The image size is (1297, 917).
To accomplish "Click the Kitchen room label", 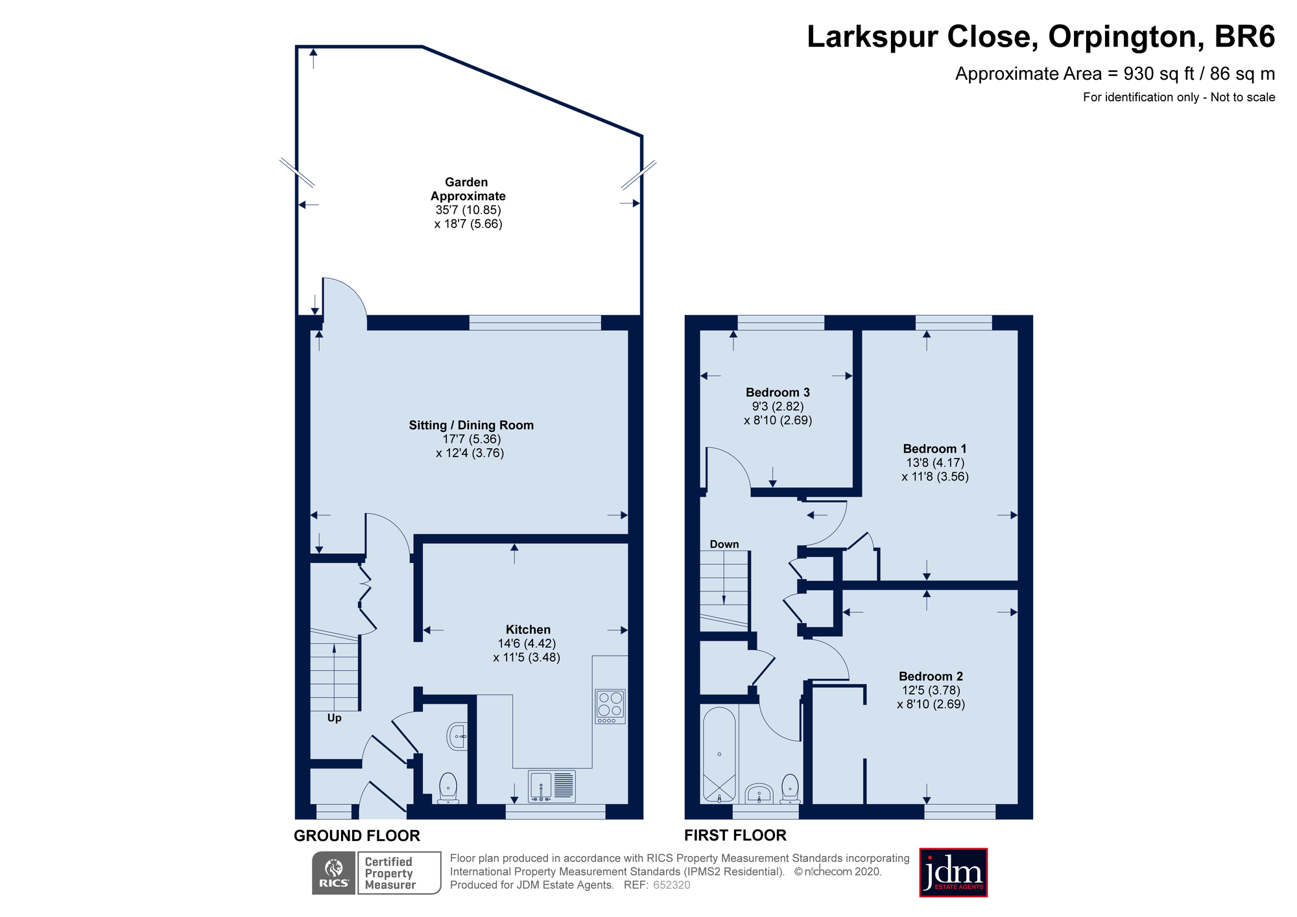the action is coord(528,630).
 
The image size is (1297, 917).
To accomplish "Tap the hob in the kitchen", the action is coord(610,706).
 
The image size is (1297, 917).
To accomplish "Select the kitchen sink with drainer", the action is coord(552,786).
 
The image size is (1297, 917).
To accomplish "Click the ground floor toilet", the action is coord(448,788).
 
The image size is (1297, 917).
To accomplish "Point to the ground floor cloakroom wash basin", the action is coord(457,737).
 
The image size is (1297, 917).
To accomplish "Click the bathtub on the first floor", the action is coord(719,754).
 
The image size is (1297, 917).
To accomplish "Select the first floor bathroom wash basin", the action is coord(759,794).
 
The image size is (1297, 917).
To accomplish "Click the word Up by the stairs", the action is coord(334,718).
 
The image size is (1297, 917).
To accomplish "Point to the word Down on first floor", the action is coord(724,544).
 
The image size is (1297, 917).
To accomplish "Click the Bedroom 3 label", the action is coord(778,392).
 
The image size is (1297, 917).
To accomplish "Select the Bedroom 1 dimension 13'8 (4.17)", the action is coord(935,463).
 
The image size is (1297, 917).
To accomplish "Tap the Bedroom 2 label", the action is coord(931,676).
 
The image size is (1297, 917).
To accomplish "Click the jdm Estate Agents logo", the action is coord(953,872).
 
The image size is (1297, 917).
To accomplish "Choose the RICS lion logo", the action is coord(334,873).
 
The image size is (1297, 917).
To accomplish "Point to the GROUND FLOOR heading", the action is coord(357,835).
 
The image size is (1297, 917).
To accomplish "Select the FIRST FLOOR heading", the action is coord(735,835).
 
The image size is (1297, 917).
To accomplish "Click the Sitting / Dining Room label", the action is coord(471,425).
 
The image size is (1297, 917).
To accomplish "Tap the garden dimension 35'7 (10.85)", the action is coord(468,210).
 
